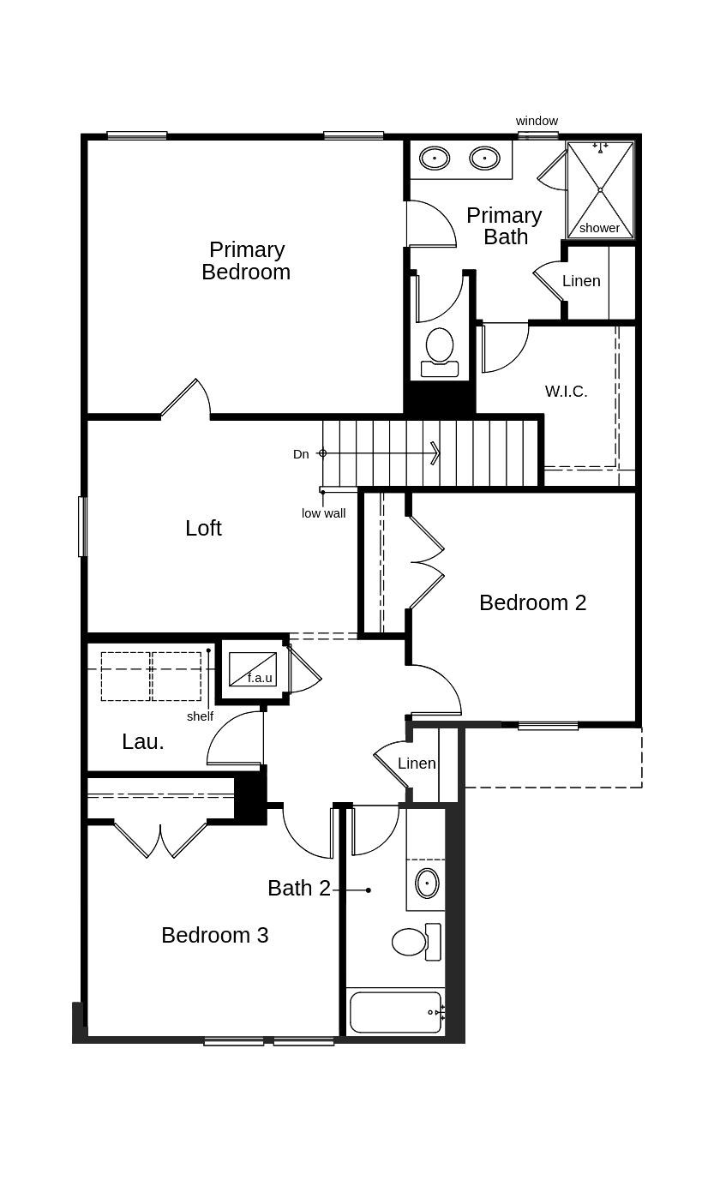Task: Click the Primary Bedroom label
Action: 246,261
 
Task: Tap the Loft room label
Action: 203,528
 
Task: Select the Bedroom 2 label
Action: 533,602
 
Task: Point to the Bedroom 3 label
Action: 214,936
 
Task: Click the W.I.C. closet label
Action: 566,392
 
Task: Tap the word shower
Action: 599,228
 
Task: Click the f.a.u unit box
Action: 253,668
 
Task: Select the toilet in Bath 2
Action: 417,942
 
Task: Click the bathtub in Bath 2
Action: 396,1013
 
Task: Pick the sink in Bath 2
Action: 427,884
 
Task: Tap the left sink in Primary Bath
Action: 434,159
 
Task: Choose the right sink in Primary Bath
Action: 484,159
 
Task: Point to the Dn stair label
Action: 301,454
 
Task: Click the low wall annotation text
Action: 324,513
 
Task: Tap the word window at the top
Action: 537,121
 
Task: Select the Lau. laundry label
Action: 143,742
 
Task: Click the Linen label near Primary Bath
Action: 581,281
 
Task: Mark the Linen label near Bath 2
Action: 417,764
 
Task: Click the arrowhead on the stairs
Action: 436,453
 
